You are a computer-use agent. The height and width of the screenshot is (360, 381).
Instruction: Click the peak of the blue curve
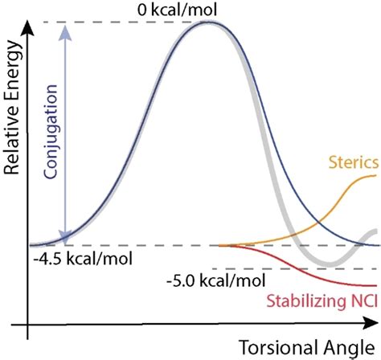tap(211, 22)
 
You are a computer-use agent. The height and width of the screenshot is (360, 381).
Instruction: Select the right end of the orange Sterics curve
tap(376, 175)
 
